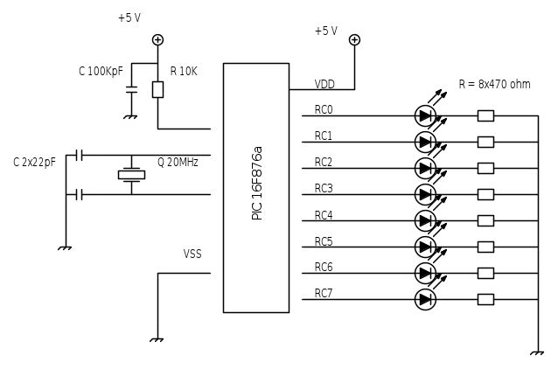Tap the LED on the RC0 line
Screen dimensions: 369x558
click(x=425, y=115)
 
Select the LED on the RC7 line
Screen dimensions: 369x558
click(x=425, y=299)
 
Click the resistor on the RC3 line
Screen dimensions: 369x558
click(x=485, y=194)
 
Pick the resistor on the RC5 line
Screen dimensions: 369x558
click(x=485, y=247)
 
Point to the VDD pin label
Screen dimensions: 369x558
click(x=324, y=85)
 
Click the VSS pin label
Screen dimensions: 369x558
click(x=192, y=254)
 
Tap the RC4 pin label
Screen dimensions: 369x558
click(x=324, y=214)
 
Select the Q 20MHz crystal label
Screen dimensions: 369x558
click(x=178, y=162)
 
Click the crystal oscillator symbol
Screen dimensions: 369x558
click(x=131, y=175)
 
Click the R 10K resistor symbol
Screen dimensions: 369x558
click(x=157, y=89)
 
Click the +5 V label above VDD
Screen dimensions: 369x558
click(x=325, y=31)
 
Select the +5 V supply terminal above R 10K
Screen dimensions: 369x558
click(x=157, y=39)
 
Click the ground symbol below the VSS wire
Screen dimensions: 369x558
click(x=157, y=339)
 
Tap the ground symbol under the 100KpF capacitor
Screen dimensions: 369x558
click(x=131, y=115)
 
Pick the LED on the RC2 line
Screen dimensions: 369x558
click(x=425, y=168)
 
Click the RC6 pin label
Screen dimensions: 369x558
click(x=324, y=267)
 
